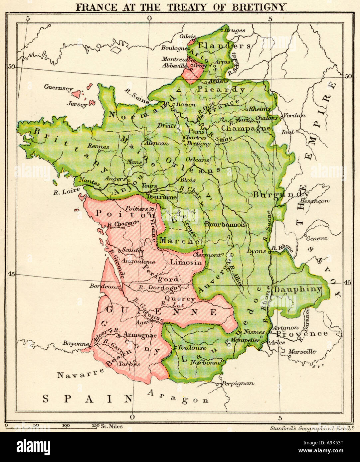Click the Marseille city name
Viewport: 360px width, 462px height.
[302, 352]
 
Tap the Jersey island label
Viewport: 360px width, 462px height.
[77, 104]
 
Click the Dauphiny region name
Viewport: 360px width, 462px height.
[298, 289]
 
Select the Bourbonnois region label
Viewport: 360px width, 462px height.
[225, 224]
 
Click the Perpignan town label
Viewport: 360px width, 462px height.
[238, 383]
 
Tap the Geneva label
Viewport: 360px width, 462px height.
[317, 238]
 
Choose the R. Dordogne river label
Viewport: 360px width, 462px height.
[160, 287]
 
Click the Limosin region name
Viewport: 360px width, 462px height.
[186, 262]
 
